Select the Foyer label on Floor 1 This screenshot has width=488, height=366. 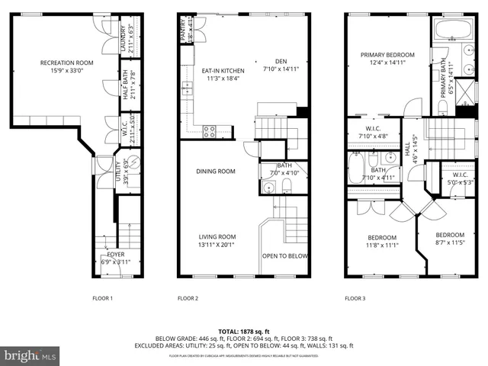pos(116,254)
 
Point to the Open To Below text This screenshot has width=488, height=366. pos(284,256)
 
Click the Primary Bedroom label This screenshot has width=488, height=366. pos(388,55)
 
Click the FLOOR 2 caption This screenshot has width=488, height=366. pos(188,298)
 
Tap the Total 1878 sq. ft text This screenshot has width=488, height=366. pos(244,332)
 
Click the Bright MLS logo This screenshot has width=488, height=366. pos(30,355)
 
